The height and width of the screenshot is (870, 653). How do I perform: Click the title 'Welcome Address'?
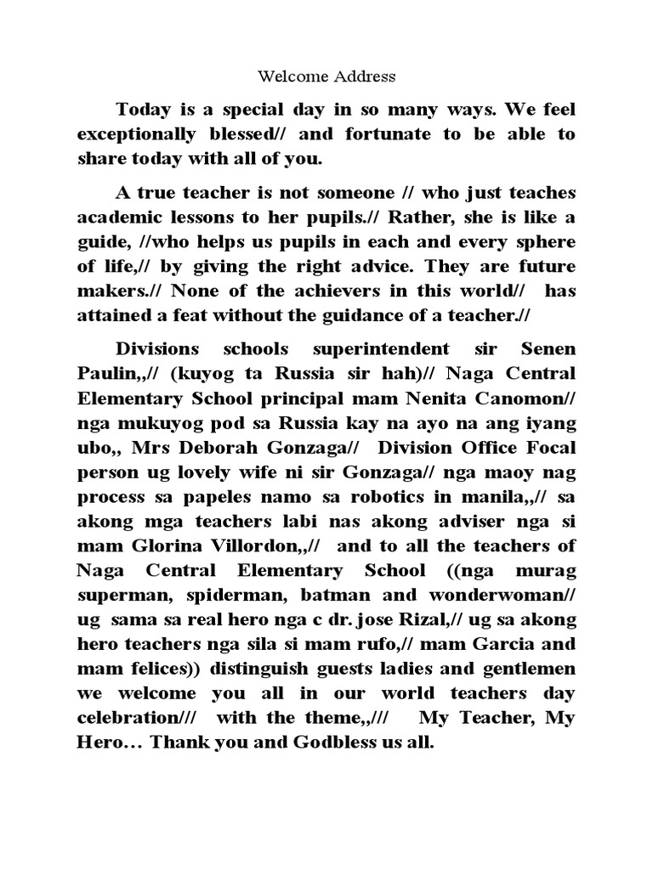[x=326, y=76]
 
